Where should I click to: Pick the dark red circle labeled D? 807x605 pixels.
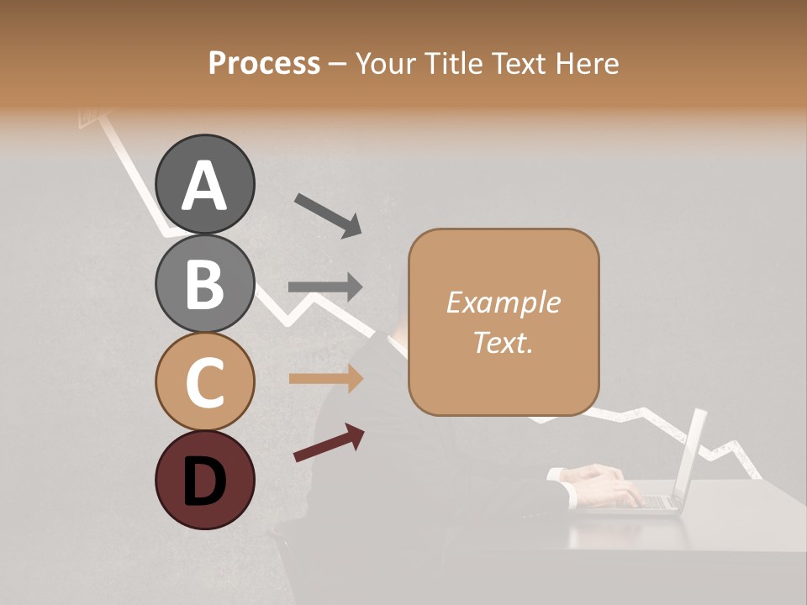tap(205, 480)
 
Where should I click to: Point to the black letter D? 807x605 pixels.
tap(205, 481)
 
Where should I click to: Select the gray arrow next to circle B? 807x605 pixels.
tap(325, 287)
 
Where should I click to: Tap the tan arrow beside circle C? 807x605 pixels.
tap(325, 378)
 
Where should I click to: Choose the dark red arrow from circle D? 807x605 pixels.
tap(328, 443)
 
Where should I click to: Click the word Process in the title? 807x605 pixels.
tap(264, 63)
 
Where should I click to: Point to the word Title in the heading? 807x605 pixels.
tap(449, 63)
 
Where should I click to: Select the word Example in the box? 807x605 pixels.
tap(503, 302)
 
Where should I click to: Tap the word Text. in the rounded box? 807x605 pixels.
tap(503, 342)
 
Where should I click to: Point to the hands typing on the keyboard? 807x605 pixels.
tap(601, 486)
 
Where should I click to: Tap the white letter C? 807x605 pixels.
tap(205, 382)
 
